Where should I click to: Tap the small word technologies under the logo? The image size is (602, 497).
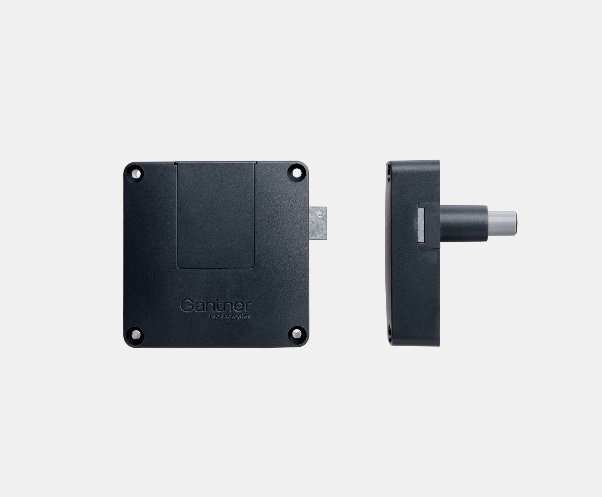pos(230,316)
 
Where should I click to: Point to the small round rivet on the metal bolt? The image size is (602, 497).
pos(320,213)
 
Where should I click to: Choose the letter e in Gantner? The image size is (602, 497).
pos(239,308)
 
